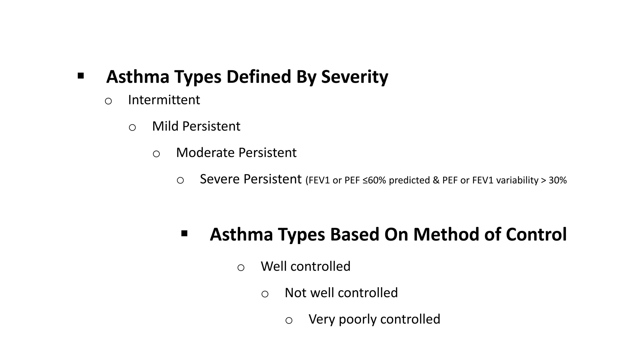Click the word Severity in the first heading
(355, 77)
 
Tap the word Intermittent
(164, 100)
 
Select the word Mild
(166, 126)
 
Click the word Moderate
(205, 153)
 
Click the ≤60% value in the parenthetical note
(374, 180)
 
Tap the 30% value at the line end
(557, 180)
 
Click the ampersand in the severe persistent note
(436, 180)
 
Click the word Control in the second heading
(536, 234)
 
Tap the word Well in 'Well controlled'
(274, 267)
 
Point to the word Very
(322, 319)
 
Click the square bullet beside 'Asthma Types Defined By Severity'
(81, 76)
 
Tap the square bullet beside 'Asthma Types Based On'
(184, 233)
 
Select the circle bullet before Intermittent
(108, 101)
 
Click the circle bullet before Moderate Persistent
(156, 154)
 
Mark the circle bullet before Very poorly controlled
(289, 321)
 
